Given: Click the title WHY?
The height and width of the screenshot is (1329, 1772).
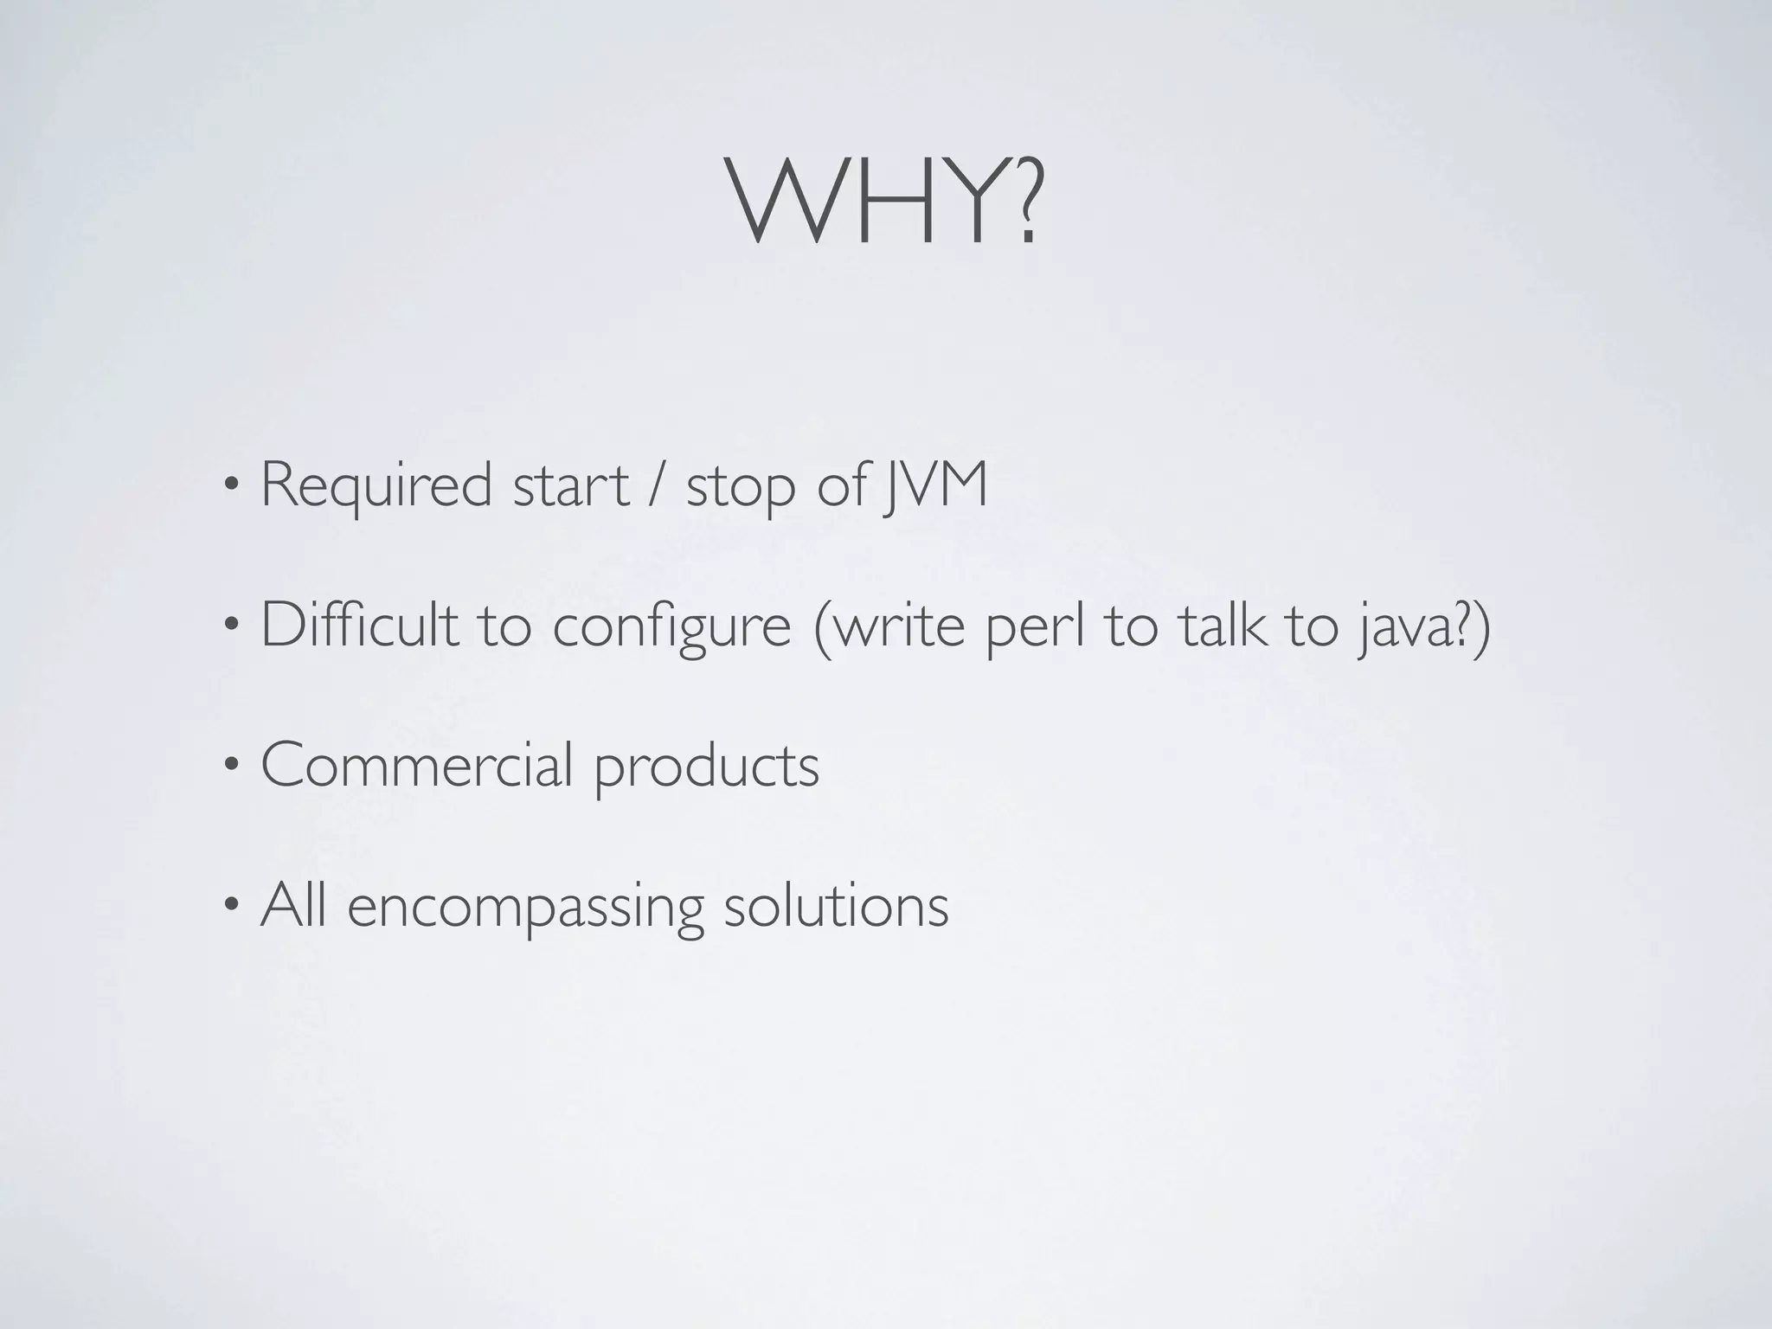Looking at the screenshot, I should [x=886, y=204].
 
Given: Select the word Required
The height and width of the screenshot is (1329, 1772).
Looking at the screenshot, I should [x=376, y=486].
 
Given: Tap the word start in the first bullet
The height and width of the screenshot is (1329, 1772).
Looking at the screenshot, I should [x=570, y=486].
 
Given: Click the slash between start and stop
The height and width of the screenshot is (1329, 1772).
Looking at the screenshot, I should [x=658, y=486].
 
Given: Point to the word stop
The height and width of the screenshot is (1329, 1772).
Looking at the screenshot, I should [x=740, y=488].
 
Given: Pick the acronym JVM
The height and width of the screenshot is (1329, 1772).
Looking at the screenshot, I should [x=934, y=486].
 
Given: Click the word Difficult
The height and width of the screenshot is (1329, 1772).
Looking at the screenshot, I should [x=359, y=625].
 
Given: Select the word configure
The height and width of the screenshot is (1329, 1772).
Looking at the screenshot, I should [x=671, y=626].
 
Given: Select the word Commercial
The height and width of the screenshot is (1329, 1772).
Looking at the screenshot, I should [x=416, y=765].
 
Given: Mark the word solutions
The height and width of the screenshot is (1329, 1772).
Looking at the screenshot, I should [x=836, y=907].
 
